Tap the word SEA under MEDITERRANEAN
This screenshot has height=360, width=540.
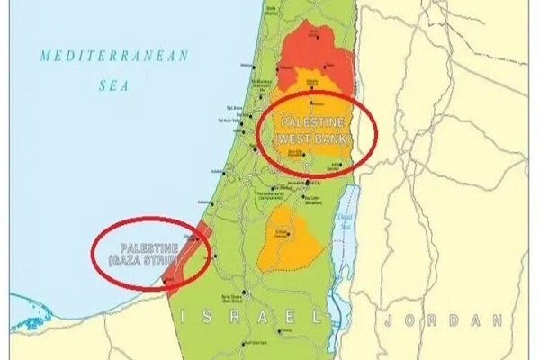112,87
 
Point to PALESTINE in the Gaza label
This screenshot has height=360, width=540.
149,247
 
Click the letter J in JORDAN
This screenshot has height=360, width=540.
386,319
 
